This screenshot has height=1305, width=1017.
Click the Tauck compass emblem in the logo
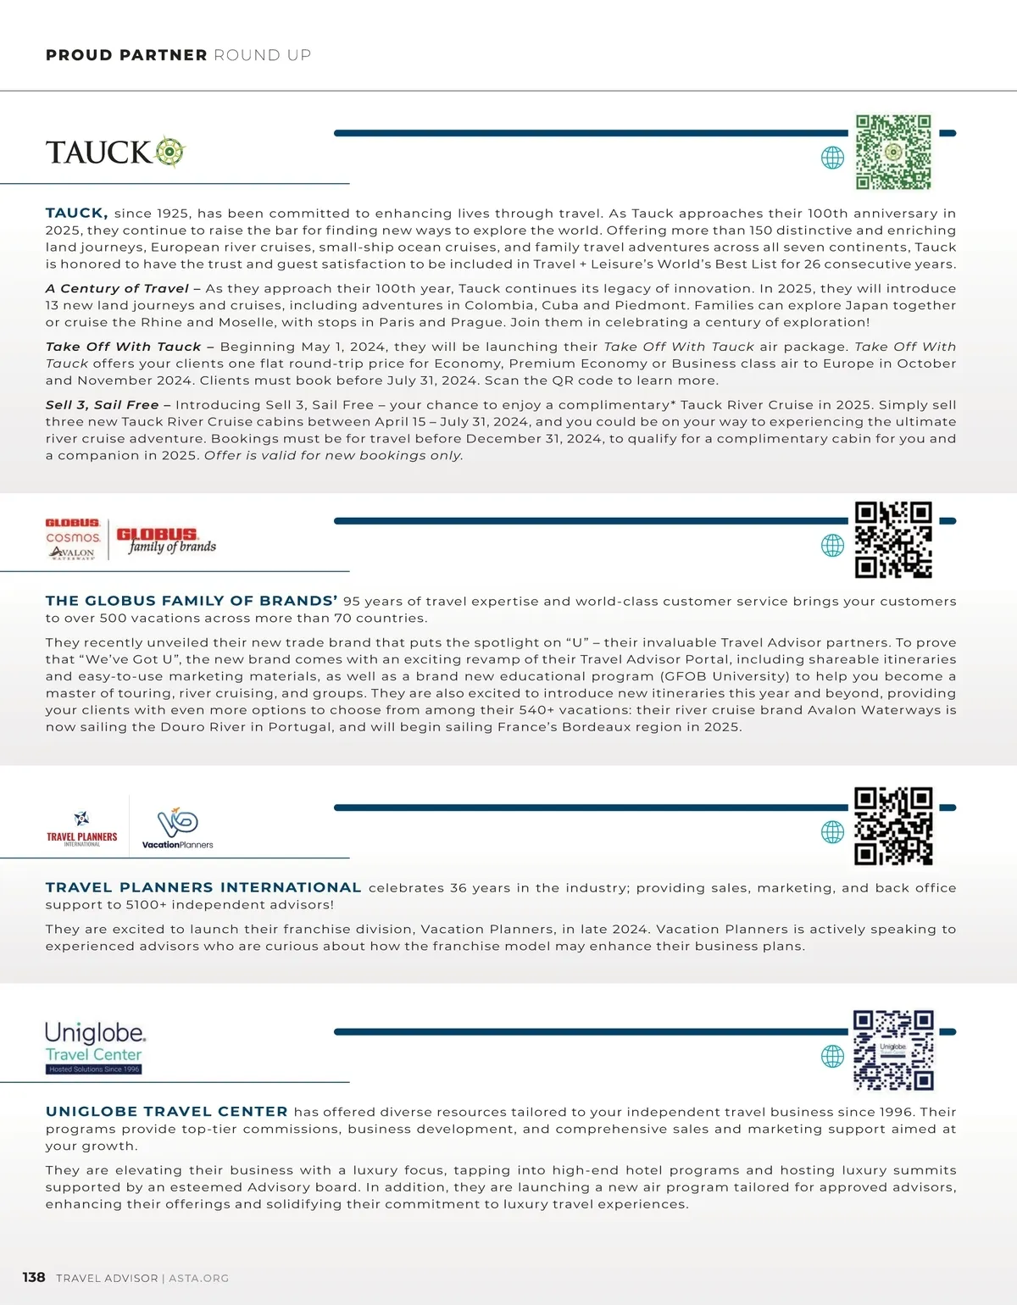pyautogui.click(x=170, y=152)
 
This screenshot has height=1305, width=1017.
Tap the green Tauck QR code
pyautogui.click(x=893, y=153)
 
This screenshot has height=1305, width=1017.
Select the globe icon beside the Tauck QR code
pyautogui.click(x=832, y=158)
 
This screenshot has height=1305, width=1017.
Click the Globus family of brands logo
pyautogui.click(x=166, y=540)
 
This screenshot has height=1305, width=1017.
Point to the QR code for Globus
pyautogui.click(x=893, y=540)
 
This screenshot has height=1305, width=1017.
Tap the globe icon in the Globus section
pyautogui.click(x=832, y=546)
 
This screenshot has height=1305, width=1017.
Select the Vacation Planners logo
pyautogui.click(x=177, y=828)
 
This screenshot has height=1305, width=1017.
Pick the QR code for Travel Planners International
pyautogui.click(x=893, y=826)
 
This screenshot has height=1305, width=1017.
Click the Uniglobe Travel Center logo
pyautogui.click(x=95, y=1047)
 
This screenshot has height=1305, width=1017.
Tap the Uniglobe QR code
pyautogui.click(x=893, y=1050)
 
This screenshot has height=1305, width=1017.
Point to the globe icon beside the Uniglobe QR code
pyautogui.click(x=832, y=1056)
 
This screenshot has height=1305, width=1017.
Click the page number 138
pyautogui.click(x=34, y=1277)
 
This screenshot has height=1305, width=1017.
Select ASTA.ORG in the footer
pyautogui.click(x=198, y=1278)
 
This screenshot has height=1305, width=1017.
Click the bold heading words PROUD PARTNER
pyautogui.click(x=126, y=55)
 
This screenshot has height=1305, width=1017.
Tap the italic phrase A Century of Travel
pyautogui.click(x=117, y=289)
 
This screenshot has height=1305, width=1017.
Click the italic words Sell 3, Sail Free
pyautogui.click(x=102, y=405)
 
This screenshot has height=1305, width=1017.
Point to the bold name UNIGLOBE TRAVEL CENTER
pyautogui.click(x=167, y=1112)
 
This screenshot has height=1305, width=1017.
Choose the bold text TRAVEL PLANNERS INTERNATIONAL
pyautogui.click(x=203, y=888)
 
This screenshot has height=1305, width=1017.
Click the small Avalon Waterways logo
pyautogui.click(x=72, y=553)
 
